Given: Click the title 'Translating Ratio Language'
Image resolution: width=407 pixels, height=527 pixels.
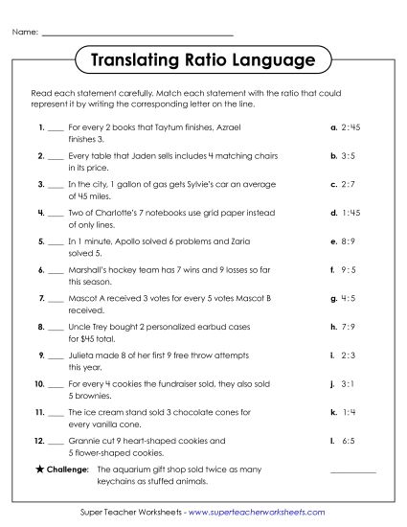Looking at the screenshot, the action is point(203,62).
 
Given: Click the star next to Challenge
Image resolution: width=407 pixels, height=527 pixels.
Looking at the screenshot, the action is point(37,470).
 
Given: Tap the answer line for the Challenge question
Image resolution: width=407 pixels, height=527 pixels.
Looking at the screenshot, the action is point(353,471).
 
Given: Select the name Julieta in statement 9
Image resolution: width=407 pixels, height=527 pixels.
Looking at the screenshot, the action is point(83,355).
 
